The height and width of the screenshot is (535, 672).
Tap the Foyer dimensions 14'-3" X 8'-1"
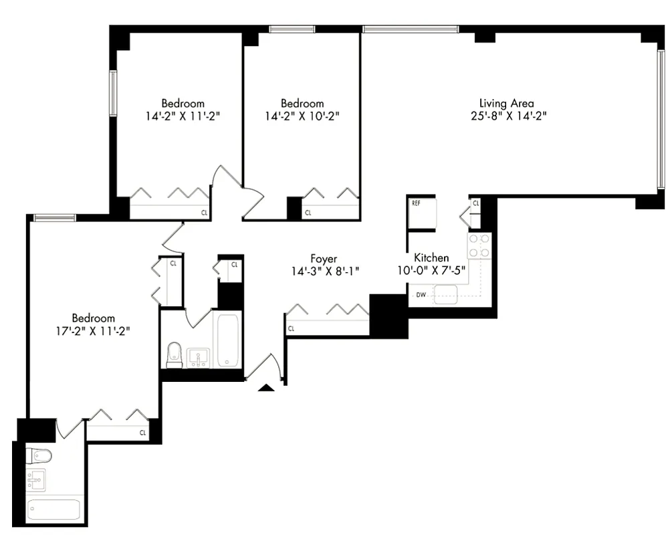(325, 272)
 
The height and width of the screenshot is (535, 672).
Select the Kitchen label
(431, 257)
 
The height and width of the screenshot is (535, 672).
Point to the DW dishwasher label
(421, 294)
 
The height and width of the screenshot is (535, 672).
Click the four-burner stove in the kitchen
(479, 245)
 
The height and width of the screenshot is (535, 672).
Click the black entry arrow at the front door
(266, 387)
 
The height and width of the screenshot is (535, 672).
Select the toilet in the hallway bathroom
(175, 354)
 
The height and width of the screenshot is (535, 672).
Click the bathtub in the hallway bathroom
(228, 341)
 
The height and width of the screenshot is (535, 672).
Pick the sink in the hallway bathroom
(198, 358)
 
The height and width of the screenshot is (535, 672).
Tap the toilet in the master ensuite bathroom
(39, 457)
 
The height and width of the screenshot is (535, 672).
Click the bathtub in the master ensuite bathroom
(54, 510)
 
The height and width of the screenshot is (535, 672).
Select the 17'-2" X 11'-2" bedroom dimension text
(93, 330)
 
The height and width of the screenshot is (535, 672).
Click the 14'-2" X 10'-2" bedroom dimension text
(302, 116)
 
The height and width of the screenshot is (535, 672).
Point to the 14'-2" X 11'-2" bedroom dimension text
(183, 116)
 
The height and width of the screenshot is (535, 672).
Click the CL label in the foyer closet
(292, 329)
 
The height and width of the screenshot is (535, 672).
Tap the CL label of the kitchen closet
(475, 203)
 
